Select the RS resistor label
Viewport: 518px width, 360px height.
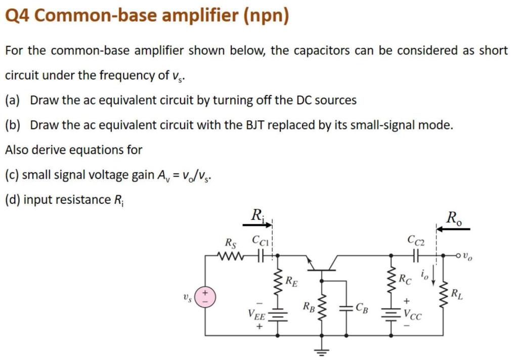(x=230, y=243)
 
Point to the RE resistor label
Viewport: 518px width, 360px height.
(x=291, y=281)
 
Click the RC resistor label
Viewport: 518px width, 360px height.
(x=405, y=278)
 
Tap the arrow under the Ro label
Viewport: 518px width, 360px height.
(x=453, y=229)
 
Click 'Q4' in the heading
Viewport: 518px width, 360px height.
(x=17, y=16)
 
